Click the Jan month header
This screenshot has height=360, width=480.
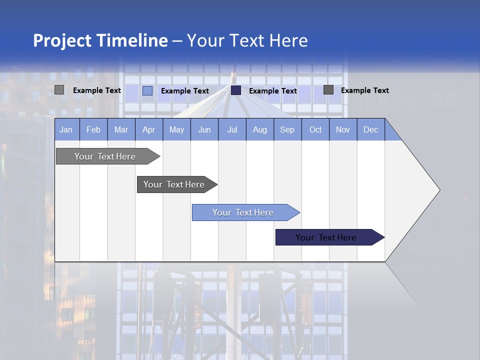point(66,129)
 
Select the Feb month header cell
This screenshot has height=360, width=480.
point(93,129)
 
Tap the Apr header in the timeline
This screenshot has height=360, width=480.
point(149,129)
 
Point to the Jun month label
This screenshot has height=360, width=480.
point(204,129)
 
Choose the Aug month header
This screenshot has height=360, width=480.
point(260,129)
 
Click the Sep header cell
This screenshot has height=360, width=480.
point(287,129)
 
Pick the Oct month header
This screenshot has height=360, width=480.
point(315,129)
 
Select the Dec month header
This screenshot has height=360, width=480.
point(371,129)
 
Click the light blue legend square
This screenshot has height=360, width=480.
point(147,90)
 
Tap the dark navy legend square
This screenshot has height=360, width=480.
point(236,90)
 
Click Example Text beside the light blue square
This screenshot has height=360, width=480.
point(185,91)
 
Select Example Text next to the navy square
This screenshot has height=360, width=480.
point(273,91)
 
